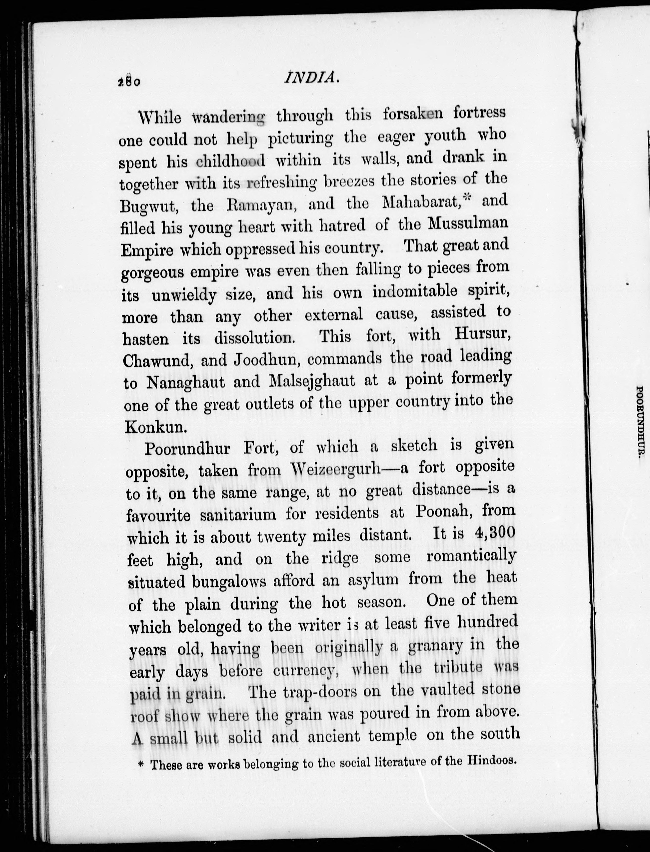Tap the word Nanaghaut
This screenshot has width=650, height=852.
click(x=185, y=383)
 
